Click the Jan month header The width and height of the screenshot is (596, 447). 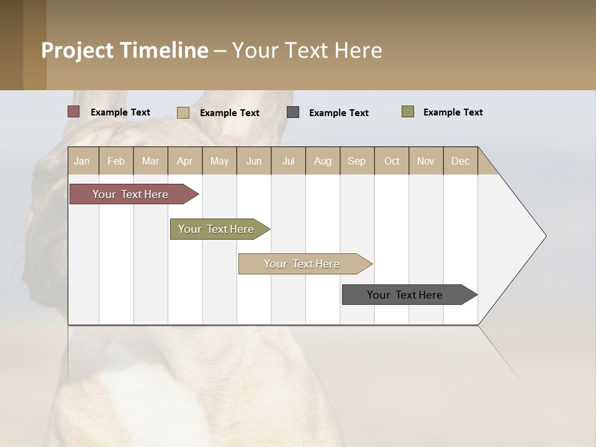(83, 161)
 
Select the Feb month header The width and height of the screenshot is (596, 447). (116, 161)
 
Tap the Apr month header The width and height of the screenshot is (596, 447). (185, 161)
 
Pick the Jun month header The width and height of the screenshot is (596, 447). (254, 161)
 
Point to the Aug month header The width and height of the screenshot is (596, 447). (323, 161)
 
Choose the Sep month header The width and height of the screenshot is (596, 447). (357, 161)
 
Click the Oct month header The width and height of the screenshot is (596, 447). (392, 161)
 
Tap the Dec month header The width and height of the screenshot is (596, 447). (461, 161)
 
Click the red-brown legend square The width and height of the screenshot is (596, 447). (73, 112)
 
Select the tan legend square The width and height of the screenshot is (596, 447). (183, 112)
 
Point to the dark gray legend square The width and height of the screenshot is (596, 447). (293, 112)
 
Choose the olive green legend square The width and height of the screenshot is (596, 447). (408, 112)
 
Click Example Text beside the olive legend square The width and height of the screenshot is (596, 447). (453, 112)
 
